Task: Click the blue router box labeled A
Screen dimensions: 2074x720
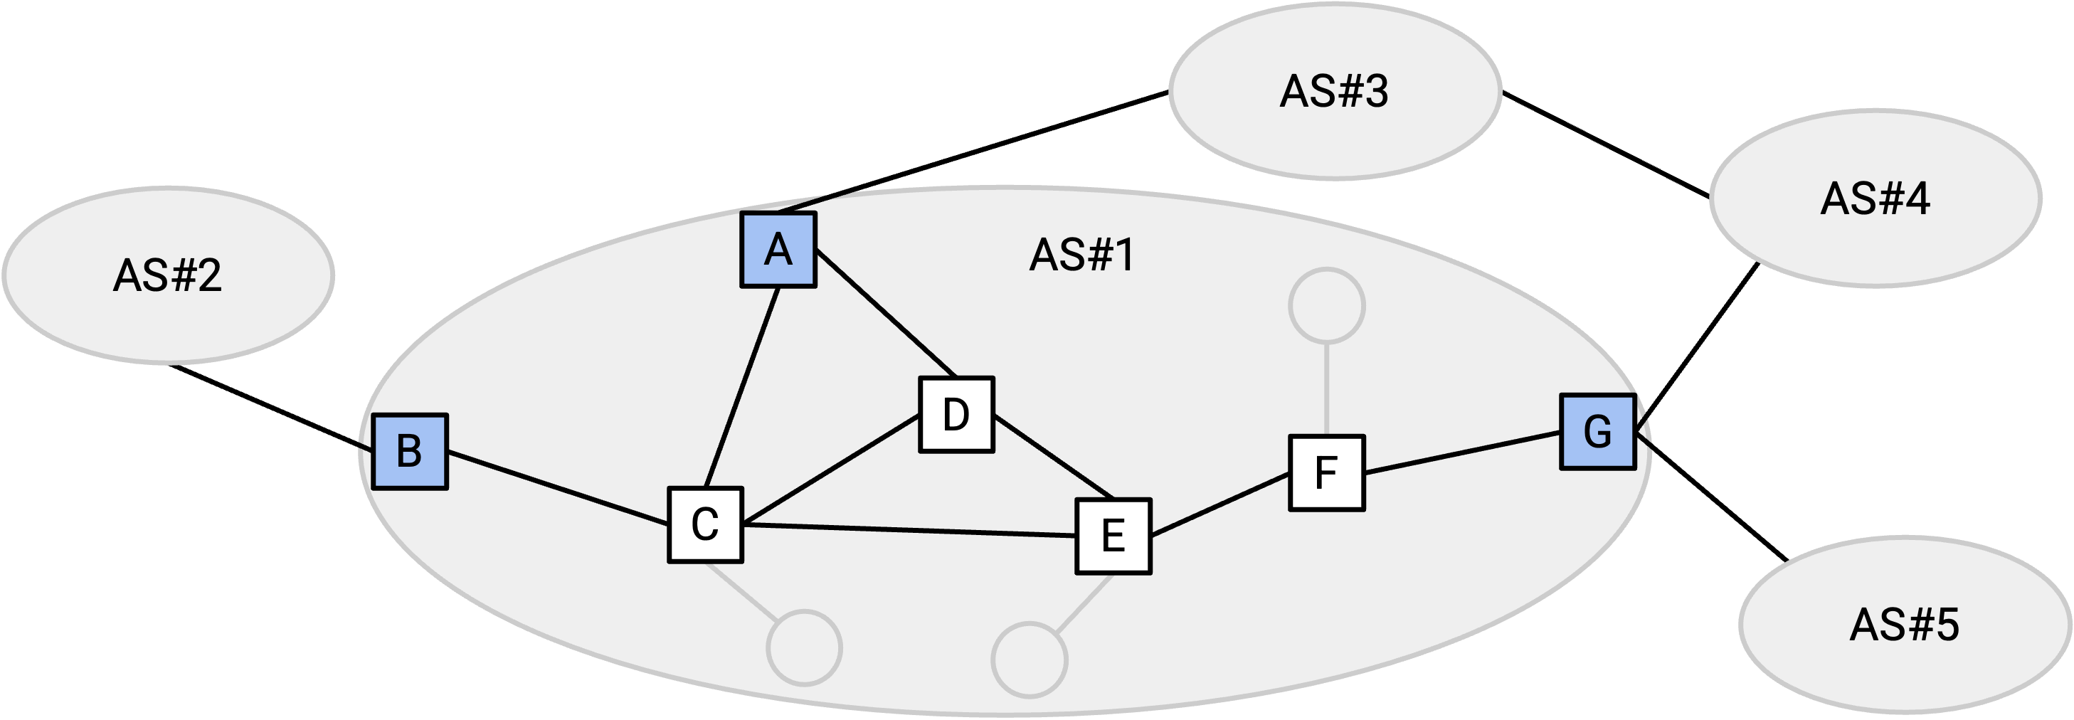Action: click(x=778, y=250)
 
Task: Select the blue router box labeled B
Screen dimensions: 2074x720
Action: click(x=410, y=452)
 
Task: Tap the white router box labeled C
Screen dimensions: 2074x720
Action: click(x=705, y=525)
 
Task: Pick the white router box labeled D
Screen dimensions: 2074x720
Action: click(x=956, y=415)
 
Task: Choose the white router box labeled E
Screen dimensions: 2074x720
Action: click(x=1113, y=536)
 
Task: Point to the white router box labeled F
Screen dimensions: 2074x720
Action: click(x=1327, y=472)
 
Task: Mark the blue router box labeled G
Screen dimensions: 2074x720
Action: click(x=1598, y=432)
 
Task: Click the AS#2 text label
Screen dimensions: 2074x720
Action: click(x=167, y=275)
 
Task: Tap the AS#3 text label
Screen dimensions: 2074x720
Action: click(x=1334, y=91)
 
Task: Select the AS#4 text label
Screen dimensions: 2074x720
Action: click(x=1875, y=198)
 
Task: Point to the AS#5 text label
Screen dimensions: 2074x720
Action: click(x=1904, y=625)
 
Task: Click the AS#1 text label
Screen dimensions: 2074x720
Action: click(x=1082, y=255)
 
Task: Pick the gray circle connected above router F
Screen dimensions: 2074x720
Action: click(x=1327, y=306)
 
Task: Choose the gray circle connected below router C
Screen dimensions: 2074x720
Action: click(x=804, y=648)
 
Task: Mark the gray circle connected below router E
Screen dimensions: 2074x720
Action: click(x=1030, y=660)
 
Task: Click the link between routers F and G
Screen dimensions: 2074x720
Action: click(x=1463, y=452)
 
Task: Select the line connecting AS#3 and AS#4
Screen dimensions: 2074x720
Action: click(x=1605, y=145)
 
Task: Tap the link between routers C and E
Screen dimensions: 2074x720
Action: click(x=910, y=530)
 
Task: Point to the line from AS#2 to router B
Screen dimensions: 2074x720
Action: click(x=271, y=408)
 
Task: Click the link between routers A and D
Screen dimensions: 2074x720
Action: click(x=886, y=313)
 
